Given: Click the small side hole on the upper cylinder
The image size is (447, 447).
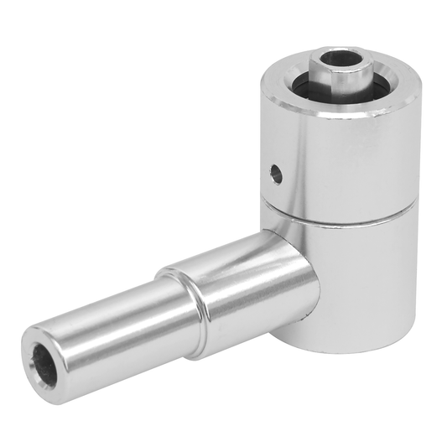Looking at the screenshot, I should tap(275, 174).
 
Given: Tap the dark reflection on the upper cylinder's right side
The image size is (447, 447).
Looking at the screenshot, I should tap(403, 168).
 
